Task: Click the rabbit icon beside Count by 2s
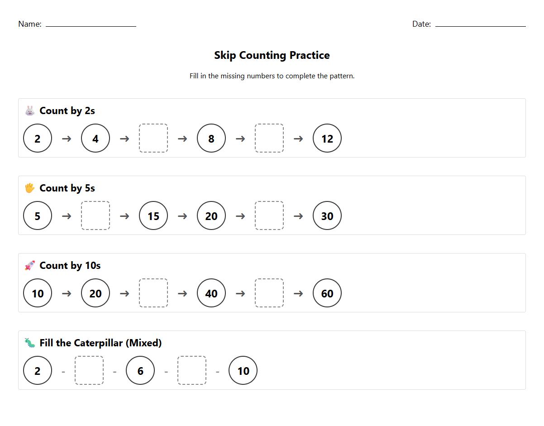30,110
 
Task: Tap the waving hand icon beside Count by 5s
30,188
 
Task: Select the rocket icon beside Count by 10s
30,265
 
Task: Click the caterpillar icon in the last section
30,343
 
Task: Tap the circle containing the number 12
327,139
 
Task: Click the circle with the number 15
153,216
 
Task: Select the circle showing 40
211,293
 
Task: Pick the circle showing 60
327,293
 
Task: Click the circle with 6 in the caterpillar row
140,371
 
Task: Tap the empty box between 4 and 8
153,139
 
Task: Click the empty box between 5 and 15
95,216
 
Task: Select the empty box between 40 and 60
269,293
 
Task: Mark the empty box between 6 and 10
192,371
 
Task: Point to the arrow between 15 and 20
182,216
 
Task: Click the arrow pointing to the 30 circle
298,216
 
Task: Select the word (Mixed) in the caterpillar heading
143,343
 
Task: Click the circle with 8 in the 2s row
211,139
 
